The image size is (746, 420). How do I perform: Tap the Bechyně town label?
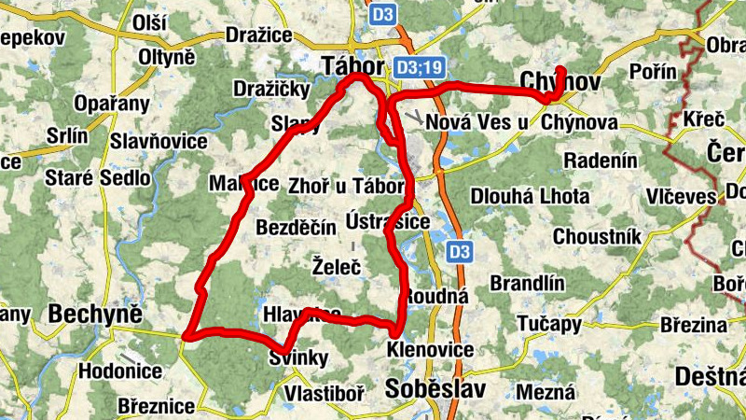[96, 313]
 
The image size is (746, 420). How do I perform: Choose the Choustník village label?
[596, 236]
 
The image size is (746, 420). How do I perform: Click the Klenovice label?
[431, 351]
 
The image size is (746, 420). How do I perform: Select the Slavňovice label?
[159, 141]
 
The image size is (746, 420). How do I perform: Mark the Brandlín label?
[528, 284]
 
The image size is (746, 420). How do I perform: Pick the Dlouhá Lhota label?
[530, 196]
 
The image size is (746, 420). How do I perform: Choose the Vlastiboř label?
[325, 394]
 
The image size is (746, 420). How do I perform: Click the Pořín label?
[642, 72]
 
